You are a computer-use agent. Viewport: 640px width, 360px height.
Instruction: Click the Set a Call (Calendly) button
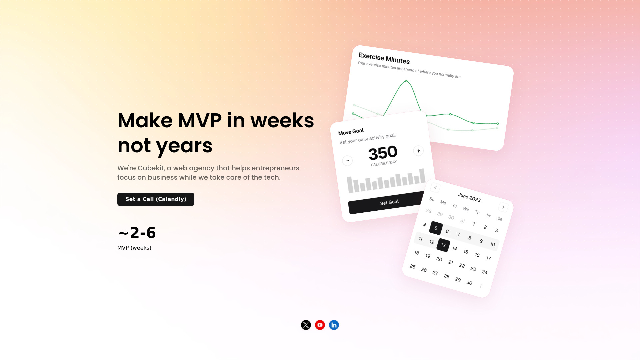click(156, 199)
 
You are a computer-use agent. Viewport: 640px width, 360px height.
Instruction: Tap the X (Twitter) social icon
click(306, 325)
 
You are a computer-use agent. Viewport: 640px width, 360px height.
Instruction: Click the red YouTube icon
click(320, 325)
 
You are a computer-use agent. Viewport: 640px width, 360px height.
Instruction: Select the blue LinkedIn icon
click(334, 325)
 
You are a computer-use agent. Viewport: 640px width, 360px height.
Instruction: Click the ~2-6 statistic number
click(137, 233)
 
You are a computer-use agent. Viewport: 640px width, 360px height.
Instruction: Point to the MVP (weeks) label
click(134, 248)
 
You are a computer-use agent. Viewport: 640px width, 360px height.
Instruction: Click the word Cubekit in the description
click(151, 168)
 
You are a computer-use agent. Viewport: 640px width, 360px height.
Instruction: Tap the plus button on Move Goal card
click(418, 151)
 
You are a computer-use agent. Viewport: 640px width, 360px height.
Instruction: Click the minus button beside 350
click(347, 161)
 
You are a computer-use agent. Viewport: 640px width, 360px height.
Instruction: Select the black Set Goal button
click(387, 203)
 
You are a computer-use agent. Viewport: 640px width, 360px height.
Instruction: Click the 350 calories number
click(383, 153)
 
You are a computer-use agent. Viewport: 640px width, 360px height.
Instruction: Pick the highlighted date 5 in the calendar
click(436, 228)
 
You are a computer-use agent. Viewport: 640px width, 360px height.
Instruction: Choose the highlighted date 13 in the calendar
click(443, 245)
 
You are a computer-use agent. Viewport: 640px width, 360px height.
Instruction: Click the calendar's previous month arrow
click(435, 188)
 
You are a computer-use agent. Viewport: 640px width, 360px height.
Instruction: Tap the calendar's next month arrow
click(503, 207)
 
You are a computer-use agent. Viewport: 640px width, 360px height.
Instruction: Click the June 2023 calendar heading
click(469, 197)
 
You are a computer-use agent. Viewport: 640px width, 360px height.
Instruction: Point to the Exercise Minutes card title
click(384, 58)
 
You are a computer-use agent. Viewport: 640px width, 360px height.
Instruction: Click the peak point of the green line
click(406, 81)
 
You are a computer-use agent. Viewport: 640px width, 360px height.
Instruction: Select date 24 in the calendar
click(485, 272)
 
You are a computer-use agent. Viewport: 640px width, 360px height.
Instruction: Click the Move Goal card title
click(351, 132)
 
